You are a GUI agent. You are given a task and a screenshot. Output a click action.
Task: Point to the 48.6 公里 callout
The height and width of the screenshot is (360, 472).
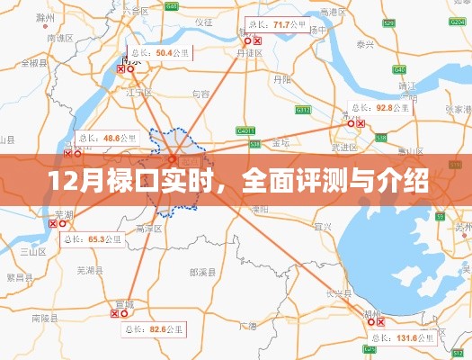coord(105,139)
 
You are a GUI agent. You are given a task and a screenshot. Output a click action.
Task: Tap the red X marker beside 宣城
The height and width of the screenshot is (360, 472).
coord(114,314)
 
